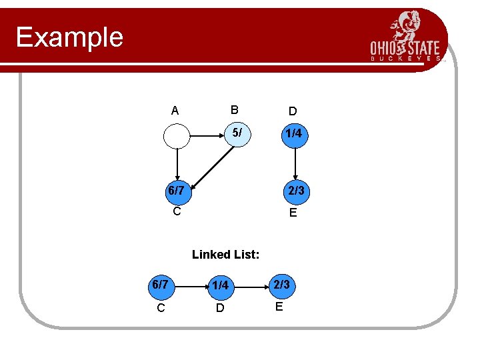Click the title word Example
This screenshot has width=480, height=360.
click(x=69, y=37)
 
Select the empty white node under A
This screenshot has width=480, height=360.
click(x=177, y=135)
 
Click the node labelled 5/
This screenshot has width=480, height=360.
click(x=237, y=133)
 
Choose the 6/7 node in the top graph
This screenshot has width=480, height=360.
click(x=176, y=191)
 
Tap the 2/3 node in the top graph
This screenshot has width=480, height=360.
click(x=293, y=191)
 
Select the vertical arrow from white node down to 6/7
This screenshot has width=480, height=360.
click(x=177, y=163)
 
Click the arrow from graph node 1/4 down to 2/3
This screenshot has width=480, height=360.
click(x=294, y=163)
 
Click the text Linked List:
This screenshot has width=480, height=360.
click(x=225, y=254)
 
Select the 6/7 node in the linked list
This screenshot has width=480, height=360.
click(x=160, y=285)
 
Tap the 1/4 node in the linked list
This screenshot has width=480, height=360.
click(x=221, y=285)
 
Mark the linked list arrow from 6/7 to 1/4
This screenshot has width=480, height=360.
click(x=190, y=285)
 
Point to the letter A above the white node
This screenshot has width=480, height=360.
click(x=175, y=111)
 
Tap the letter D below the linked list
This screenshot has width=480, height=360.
click(x=220, y=309)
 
